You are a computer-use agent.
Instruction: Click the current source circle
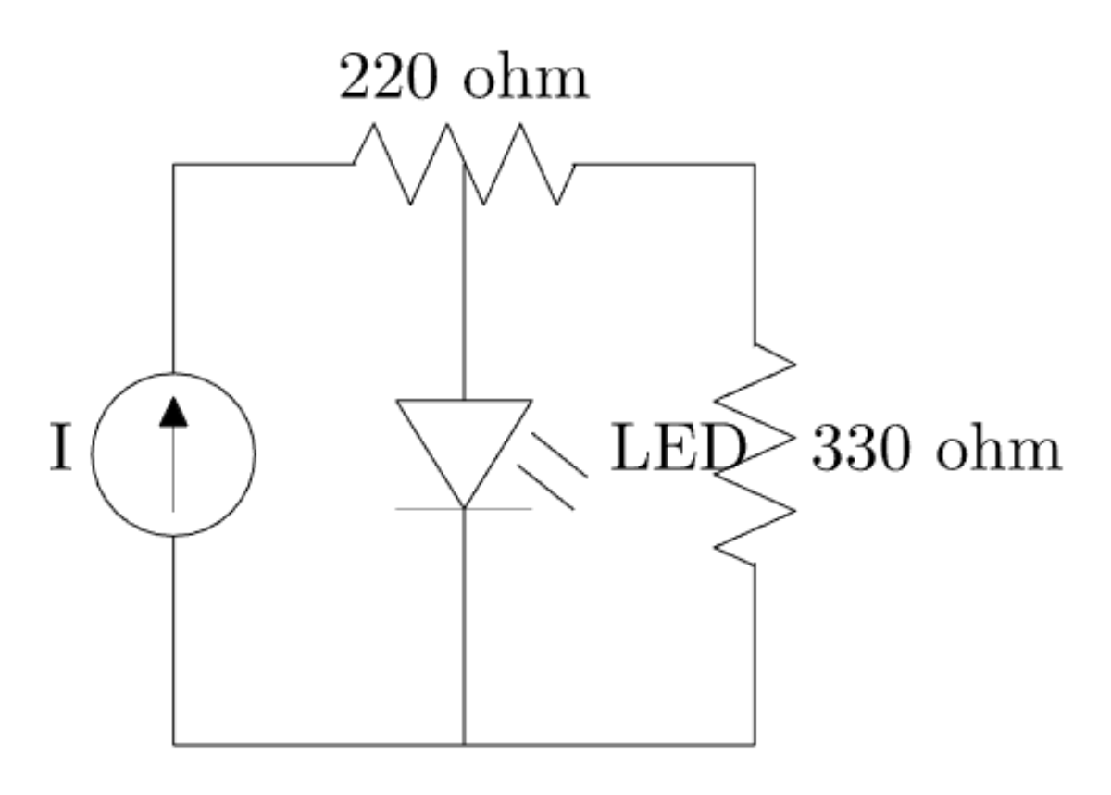coord(173,454)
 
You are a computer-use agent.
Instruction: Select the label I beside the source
coord(60,451)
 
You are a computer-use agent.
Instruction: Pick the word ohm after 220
coord(525,81)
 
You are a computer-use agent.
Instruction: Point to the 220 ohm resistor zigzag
coord(463,164)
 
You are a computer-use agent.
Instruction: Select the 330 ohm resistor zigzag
coord(755,453)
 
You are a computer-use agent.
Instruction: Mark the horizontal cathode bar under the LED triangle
coord(464,508)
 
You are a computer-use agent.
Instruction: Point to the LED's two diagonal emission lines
coord(554,472)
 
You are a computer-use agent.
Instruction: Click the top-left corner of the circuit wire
coord(174,165)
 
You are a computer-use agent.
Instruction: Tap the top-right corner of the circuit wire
coord(755,165)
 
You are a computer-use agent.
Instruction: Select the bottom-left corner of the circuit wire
coord(174,743)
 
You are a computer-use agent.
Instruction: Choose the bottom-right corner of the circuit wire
coord(755,743)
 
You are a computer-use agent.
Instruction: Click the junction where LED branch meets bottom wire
coord(464,743)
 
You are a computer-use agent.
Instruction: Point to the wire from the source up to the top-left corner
coord(174,268)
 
